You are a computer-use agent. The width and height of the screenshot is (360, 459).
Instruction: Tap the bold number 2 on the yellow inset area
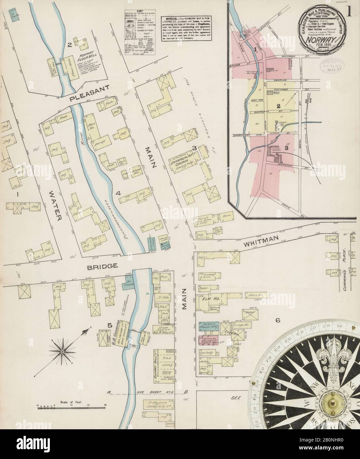(x=278, y=106)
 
